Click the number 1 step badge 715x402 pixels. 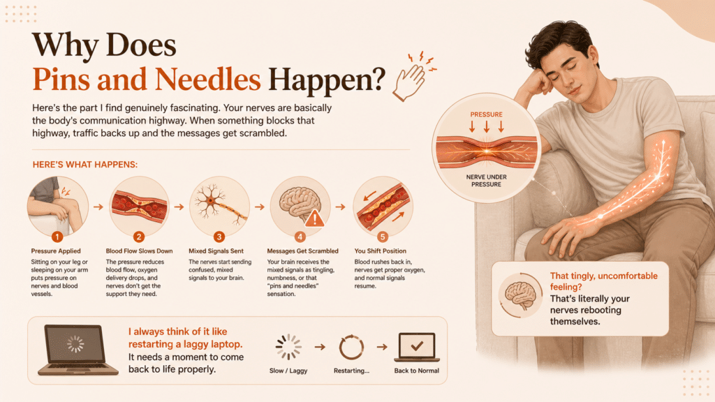point(57,237)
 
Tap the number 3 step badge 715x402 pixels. point(219,237)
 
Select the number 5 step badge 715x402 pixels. point(383,237)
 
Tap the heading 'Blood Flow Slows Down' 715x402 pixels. point(139,251)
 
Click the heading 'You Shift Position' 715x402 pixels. point(381,251)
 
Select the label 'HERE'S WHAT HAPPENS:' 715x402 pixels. point(84,165)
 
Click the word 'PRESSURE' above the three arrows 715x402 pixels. point(487,114)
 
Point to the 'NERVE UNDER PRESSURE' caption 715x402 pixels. point(486,181)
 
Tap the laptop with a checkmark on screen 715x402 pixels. point(417,348)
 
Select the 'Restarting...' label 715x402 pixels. point(351,371)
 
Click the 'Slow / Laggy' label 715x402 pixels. point(288,371)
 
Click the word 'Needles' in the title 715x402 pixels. point(207,80)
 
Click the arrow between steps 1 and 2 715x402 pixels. point(98,207)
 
